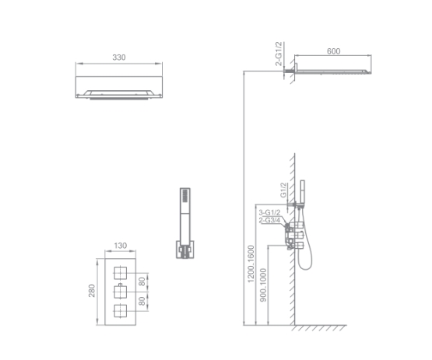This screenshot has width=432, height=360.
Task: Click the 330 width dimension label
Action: [119, 58]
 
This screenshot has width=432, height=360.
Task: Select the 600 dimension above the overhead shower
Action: [333, 51]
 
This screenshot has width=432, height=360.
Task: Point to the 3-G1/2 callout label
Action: [269, 211]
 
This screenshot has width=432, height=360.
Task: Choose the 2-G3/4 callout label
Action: [269, 222]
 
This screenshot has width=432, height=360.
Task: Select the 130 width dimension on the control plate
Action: [120, 245]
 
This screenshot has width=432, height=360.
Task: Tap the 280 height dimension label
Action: [91, 290]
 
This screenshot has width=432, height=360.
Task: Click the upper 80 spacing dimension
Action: [142, 281]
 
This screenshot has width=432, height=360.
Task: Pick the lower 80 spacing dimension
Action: [142, 300]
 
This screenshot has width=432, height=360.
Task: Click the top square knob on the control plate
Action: [120, 271]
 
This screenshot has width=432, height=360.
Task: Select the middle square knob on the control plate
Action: [120, 291]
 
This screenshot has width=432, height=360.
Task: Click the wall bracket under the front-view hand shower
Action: [184, 249]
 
